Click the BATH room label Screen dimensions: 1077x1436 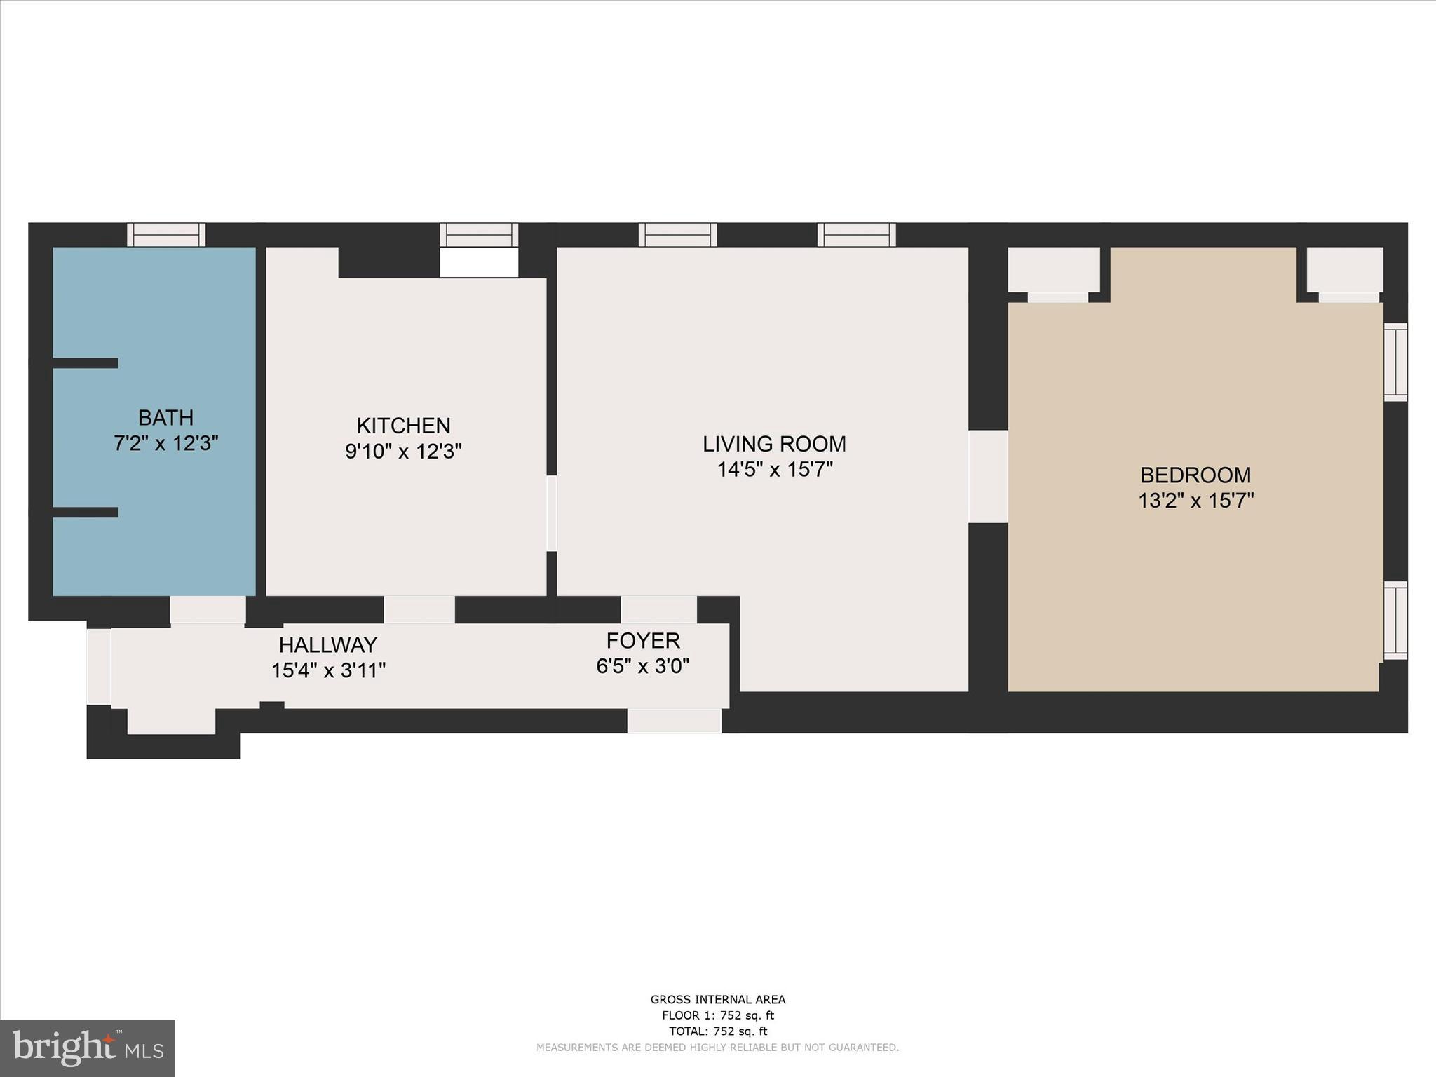pyautogui.click(x=165, y=418)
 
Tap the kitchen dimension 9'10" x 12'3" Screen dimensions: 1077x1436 pyautogui.click(x=403, y=452)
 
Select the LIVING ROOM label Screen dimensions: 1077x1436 pyautogui.click(x=774, y=444)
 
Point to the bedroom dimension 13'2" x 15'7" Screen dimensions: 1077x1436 pyautogui.click(x=1195, y=501)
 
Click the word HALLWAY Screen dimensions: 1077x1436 pyautogui.click(x=328, y=644)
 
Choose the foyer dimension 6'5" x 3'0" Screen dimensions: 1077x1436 pyautogui.click(x=642, y=666)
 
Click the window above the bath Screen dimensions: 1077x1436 pyautogui.click(x=166, y=234)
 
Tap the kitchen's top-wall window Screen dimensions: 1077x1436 pyautogui.click(x=479, y=234)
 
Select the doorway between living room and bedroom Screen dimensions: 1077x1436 pyautogui.click(x=988, y=476)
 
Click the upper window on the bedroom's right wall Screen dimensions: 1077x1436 pyautogui.click(x=1395, y=362)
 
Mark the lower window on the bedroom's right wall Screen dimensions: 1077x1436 pyautogui.click(x=1395, y=620)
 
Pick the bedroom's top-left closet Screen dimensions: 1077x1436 pyautogui.click(x=1053, y=270)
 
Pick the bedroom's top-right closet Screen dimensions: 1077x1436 pyautogui.click(x=1345, y=270)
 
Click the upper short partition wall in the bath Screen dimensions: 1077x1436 pyautogui.click(x=86, y=363)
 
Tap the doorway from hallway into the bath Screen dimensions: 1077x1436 pyautogui.click(x=208, y=609)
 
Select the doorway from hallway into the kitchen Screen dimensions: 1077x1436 pyautogui.click(x=419, y=609)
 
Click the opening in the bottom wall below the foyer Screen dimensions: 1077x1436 pyautogui.click(x=674, y=721)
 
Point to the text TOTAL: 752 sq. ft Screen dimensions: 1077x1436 pyautogui.click(x=718, y=1031)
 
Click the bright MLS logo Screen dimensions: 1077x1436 pyautogui.click(x=88, y=1048)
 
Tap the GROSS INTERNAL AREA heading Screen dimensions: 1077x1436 pyautogui.click(x=718, y=999)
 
